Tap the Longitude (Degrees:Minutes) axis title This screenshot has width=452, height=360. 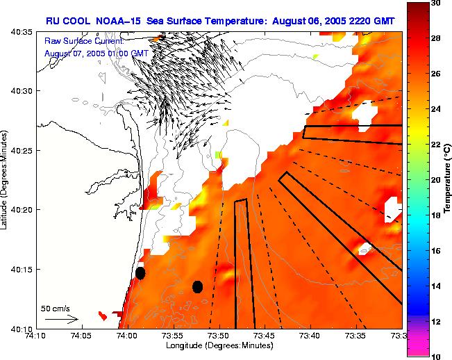pyautogui.click(x=219, y=345)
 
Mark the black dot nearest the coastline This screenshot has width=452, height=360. pyautogui.click(x=140, y=273)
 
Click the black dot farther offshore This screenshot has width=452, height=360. pyautogui.click(x=197, y=286)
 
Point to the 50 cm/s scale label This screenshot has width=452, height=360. pyautogui.click(x=53, y=308)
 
